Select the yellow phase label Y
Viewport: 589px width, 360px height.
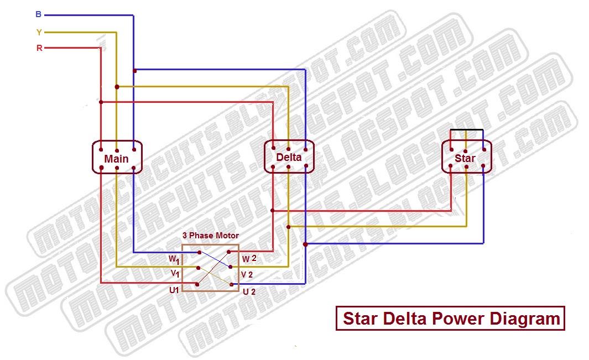(39, 32)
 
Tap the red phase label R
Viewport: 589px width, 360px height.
(39, 48)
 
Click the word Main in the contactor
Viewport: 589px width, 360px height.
(117, 159)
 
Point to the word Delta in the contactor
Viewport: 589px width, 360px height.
(289, 157)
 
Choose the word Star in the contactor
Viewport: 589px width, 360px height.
(465, 159)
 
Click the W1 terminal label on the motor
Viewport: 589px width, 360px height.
(174, 259)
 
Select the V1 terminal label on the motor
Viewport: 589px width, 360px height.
(174, 274)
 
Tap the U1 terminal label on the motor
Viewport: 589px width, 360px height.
(174, 289)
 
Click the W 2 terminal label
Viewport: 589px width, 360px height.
(249, 258)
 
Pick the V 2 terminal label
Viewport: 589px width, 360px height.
(247, 274)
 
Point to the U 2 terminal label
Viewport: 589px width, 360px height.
(249, 291)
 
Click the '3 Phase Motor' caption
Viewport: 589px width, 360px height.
(211, 236)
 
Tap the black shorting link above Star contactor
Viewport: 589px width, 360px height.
(466, 131)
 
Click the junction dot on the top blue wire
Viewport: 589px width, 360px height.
(134, 70)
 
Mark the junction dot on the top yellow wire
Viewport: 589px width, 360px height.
(117, 87)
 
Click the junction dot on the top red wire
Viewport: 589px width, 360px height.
(101, 102)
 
